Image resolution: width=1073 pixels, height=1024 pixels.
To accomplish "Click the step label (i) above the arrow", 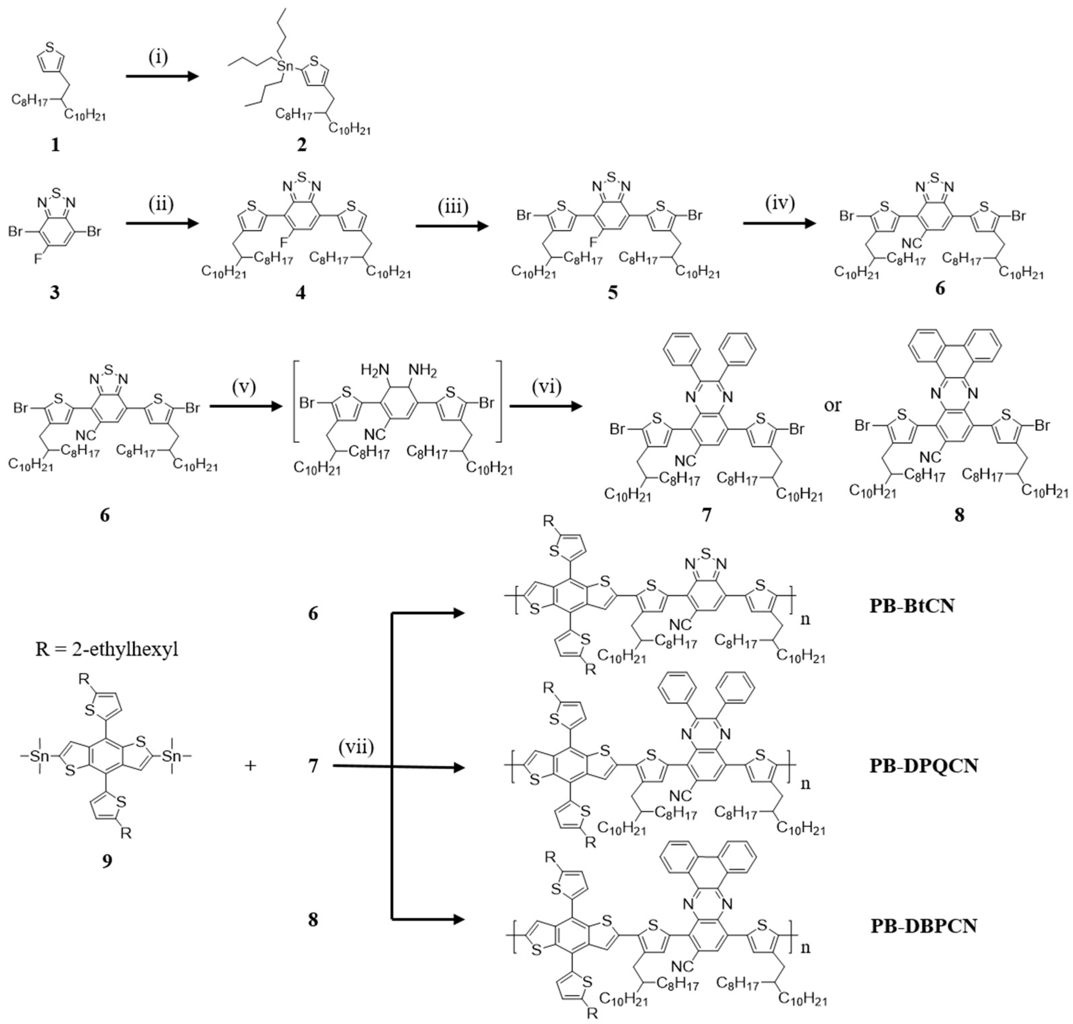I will (x=158, y=57).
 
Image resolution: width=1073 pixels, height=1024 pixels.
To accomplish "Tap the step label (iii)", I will (x=452, y=208).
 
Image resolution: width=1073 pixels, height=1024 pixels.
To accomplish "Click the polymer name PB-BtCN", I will (x=912, y=621).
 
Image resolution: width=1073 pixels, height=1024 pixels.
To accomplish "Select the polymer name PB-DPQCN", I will (x=924, y=766).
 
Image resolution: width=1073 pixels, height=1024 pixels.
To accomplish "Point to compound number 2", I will (x=301, y=145).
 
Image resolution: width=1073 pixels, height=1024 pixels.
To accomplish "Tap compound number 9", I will (x=107, y=861).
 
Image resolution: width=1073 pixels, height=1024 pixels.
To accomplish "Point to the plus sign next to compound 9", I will (x=250, y=766).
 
